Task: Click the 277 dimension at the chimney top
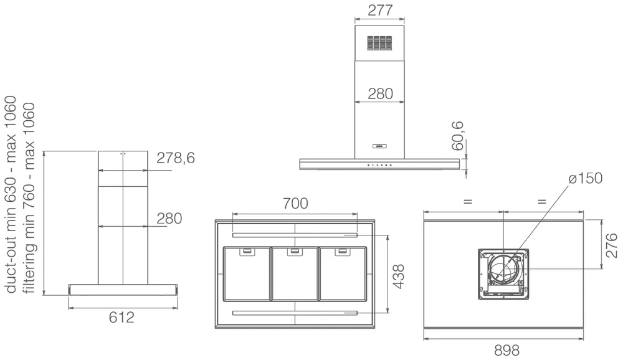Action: (x=379, y=11)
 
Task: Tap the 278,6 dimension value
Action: (x=176, y=158)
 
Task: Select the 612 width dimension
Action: (x=121, y=318)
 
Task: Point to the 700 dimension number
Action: (x=295, y=203)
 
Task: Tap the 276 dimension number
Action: (x=611, y=245)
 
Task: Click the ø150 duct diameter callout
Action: (x=585, y=179)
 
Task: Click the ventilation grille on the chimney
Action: (x=379, y=42)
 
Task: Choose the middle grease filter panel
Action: (x=294, y=273)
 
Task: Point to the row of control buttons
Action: (x=379, y=165)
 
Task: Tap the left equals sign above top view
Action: (x=467, y=202)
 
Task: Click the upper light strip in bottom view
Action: (x=294, y=235)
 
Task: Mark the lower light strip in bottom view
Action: (x=294, y=312)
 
